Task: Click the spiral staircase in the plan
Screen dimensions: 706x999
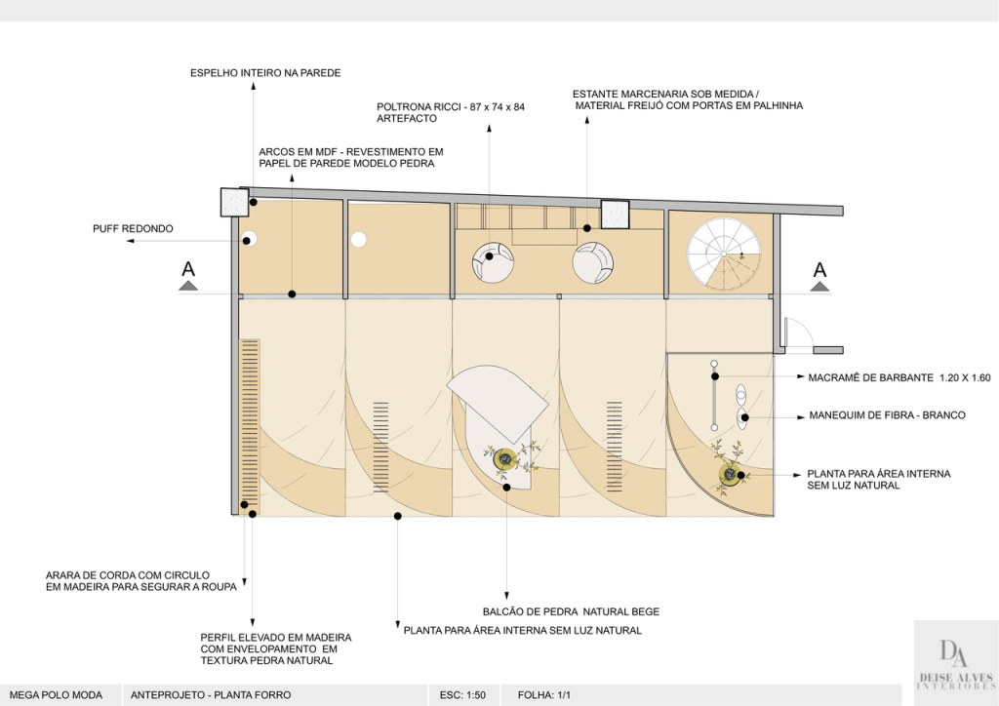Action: pos(724,249)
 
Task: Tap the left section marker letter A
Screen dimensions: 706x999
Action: pos(188,270)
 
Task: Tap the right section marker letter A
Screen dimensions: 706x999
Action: pos(819,270)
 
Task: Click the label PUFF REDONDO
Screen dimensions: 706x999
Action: pos(133,229)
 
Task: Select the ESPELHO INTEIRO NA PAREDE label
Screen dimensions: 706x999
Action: pos(265,72)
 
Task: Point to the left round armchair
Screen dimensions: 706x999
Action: pos(493,262)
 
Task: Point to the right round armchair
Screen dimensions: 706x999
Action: pos(592,262)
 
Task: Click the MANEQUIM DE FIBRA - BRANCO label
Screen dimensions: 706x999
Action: pos(887,415)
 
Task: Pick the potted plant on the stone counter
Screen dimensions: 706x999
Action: pos(505,458)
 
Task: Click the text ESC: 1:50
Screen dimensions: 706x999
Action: pos(462,695)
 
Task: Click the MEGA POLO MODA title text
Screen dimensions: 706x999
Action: pos(51,695)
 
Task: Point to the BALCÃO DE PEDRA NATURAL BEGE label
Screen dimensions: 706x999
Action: pos(571,612)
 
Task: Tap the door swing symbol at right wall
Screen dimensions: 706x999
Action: pos(795,333)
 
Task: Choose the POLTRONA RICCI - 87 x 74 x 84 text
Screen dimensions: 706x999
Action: pos(451,106)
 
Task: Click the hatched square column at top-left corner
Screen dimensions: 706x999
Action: pos(234,202)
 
